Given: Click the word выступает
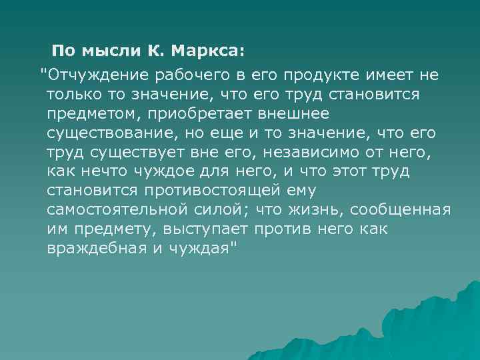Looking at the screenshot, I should coord(206,229).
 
